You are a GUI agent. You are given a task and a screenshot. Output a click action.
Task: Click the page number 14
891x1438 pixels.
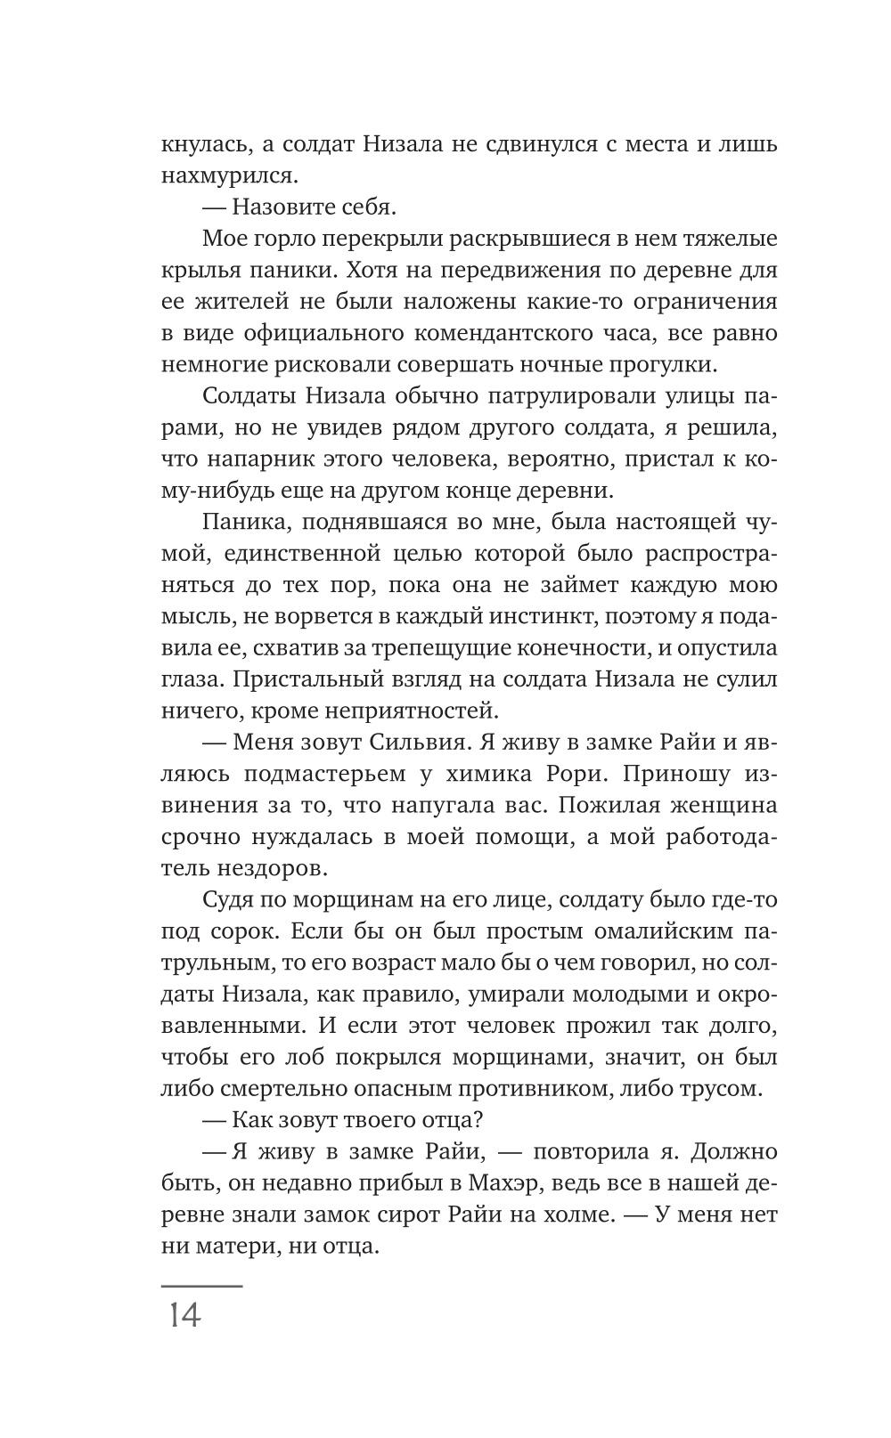click(x=183, y=1315)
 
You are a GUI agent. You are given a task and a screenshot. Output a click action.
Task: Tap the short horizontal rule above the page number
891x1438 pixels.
click(x=201, y=1286)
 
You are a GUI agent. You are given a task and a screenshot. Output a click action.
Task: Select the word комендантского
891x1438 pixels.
click(x=509, y=333)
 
